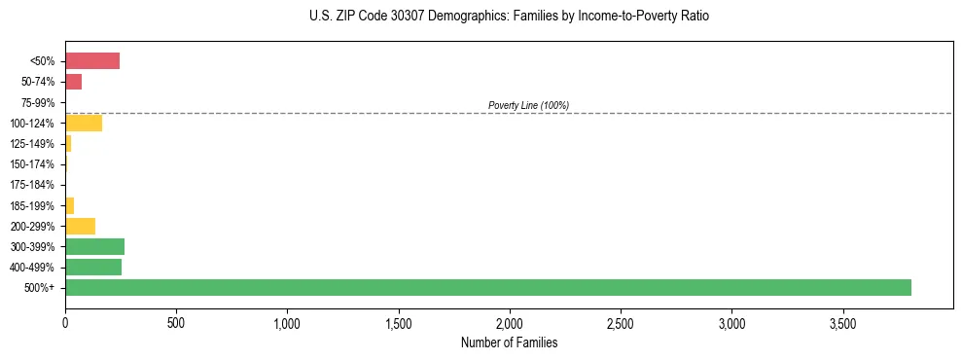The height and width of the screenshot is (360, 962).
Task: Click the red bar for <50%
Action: [92, 61]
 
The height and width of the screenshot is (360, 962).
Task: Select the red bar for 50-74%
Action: [73, 82]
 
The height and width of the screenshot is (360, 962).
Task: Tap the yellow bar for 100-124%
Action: [84, 124]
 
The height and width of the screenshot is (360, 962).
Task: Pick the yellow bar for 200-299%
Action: [80, 226]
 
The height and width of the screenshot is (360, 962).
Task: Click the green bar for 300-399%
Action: [94, 246]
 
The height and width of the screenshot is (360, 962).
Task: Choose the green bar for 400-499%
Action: [93, 267]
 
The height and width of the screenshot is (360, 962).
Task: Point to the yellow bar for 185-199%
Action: [69, 205]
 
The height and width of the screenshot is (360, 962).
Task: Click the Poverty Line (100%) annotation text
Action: [528, 105]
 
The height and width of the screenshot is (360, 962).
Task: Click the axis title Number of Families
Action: [509, 342]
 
